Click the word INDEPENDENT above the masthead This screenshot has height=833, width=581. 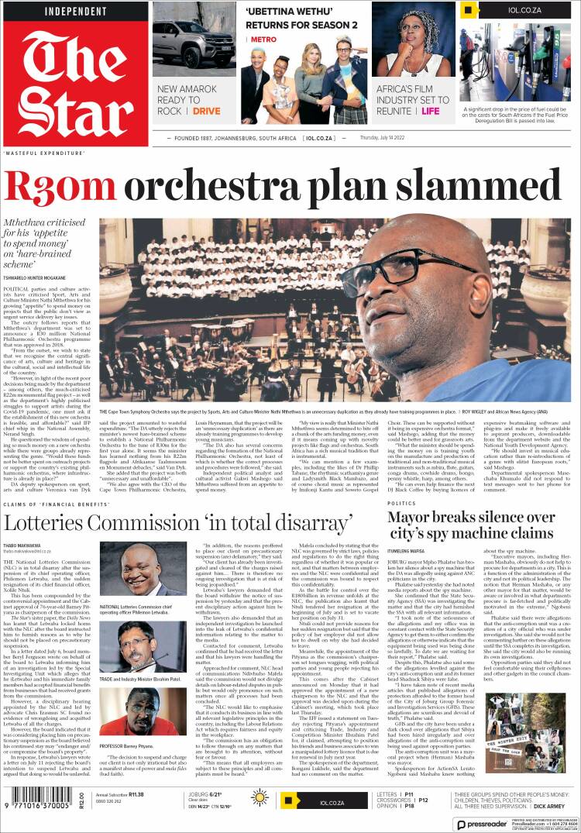pyautogui.click(x=75, y=11)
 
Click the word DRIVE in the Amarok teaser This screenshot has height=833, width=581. pyautogui.click(x=207, y=112)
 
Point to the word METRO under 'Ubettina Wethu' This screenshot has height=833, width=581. pyautogui.click(x=263, y=39)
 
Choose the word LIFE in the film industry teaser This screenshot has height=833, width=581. pyautogui.click(x=430, y=112)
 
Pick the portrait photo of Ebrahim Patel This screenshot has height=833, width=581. pyautogui.click(x=132, y=642)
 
